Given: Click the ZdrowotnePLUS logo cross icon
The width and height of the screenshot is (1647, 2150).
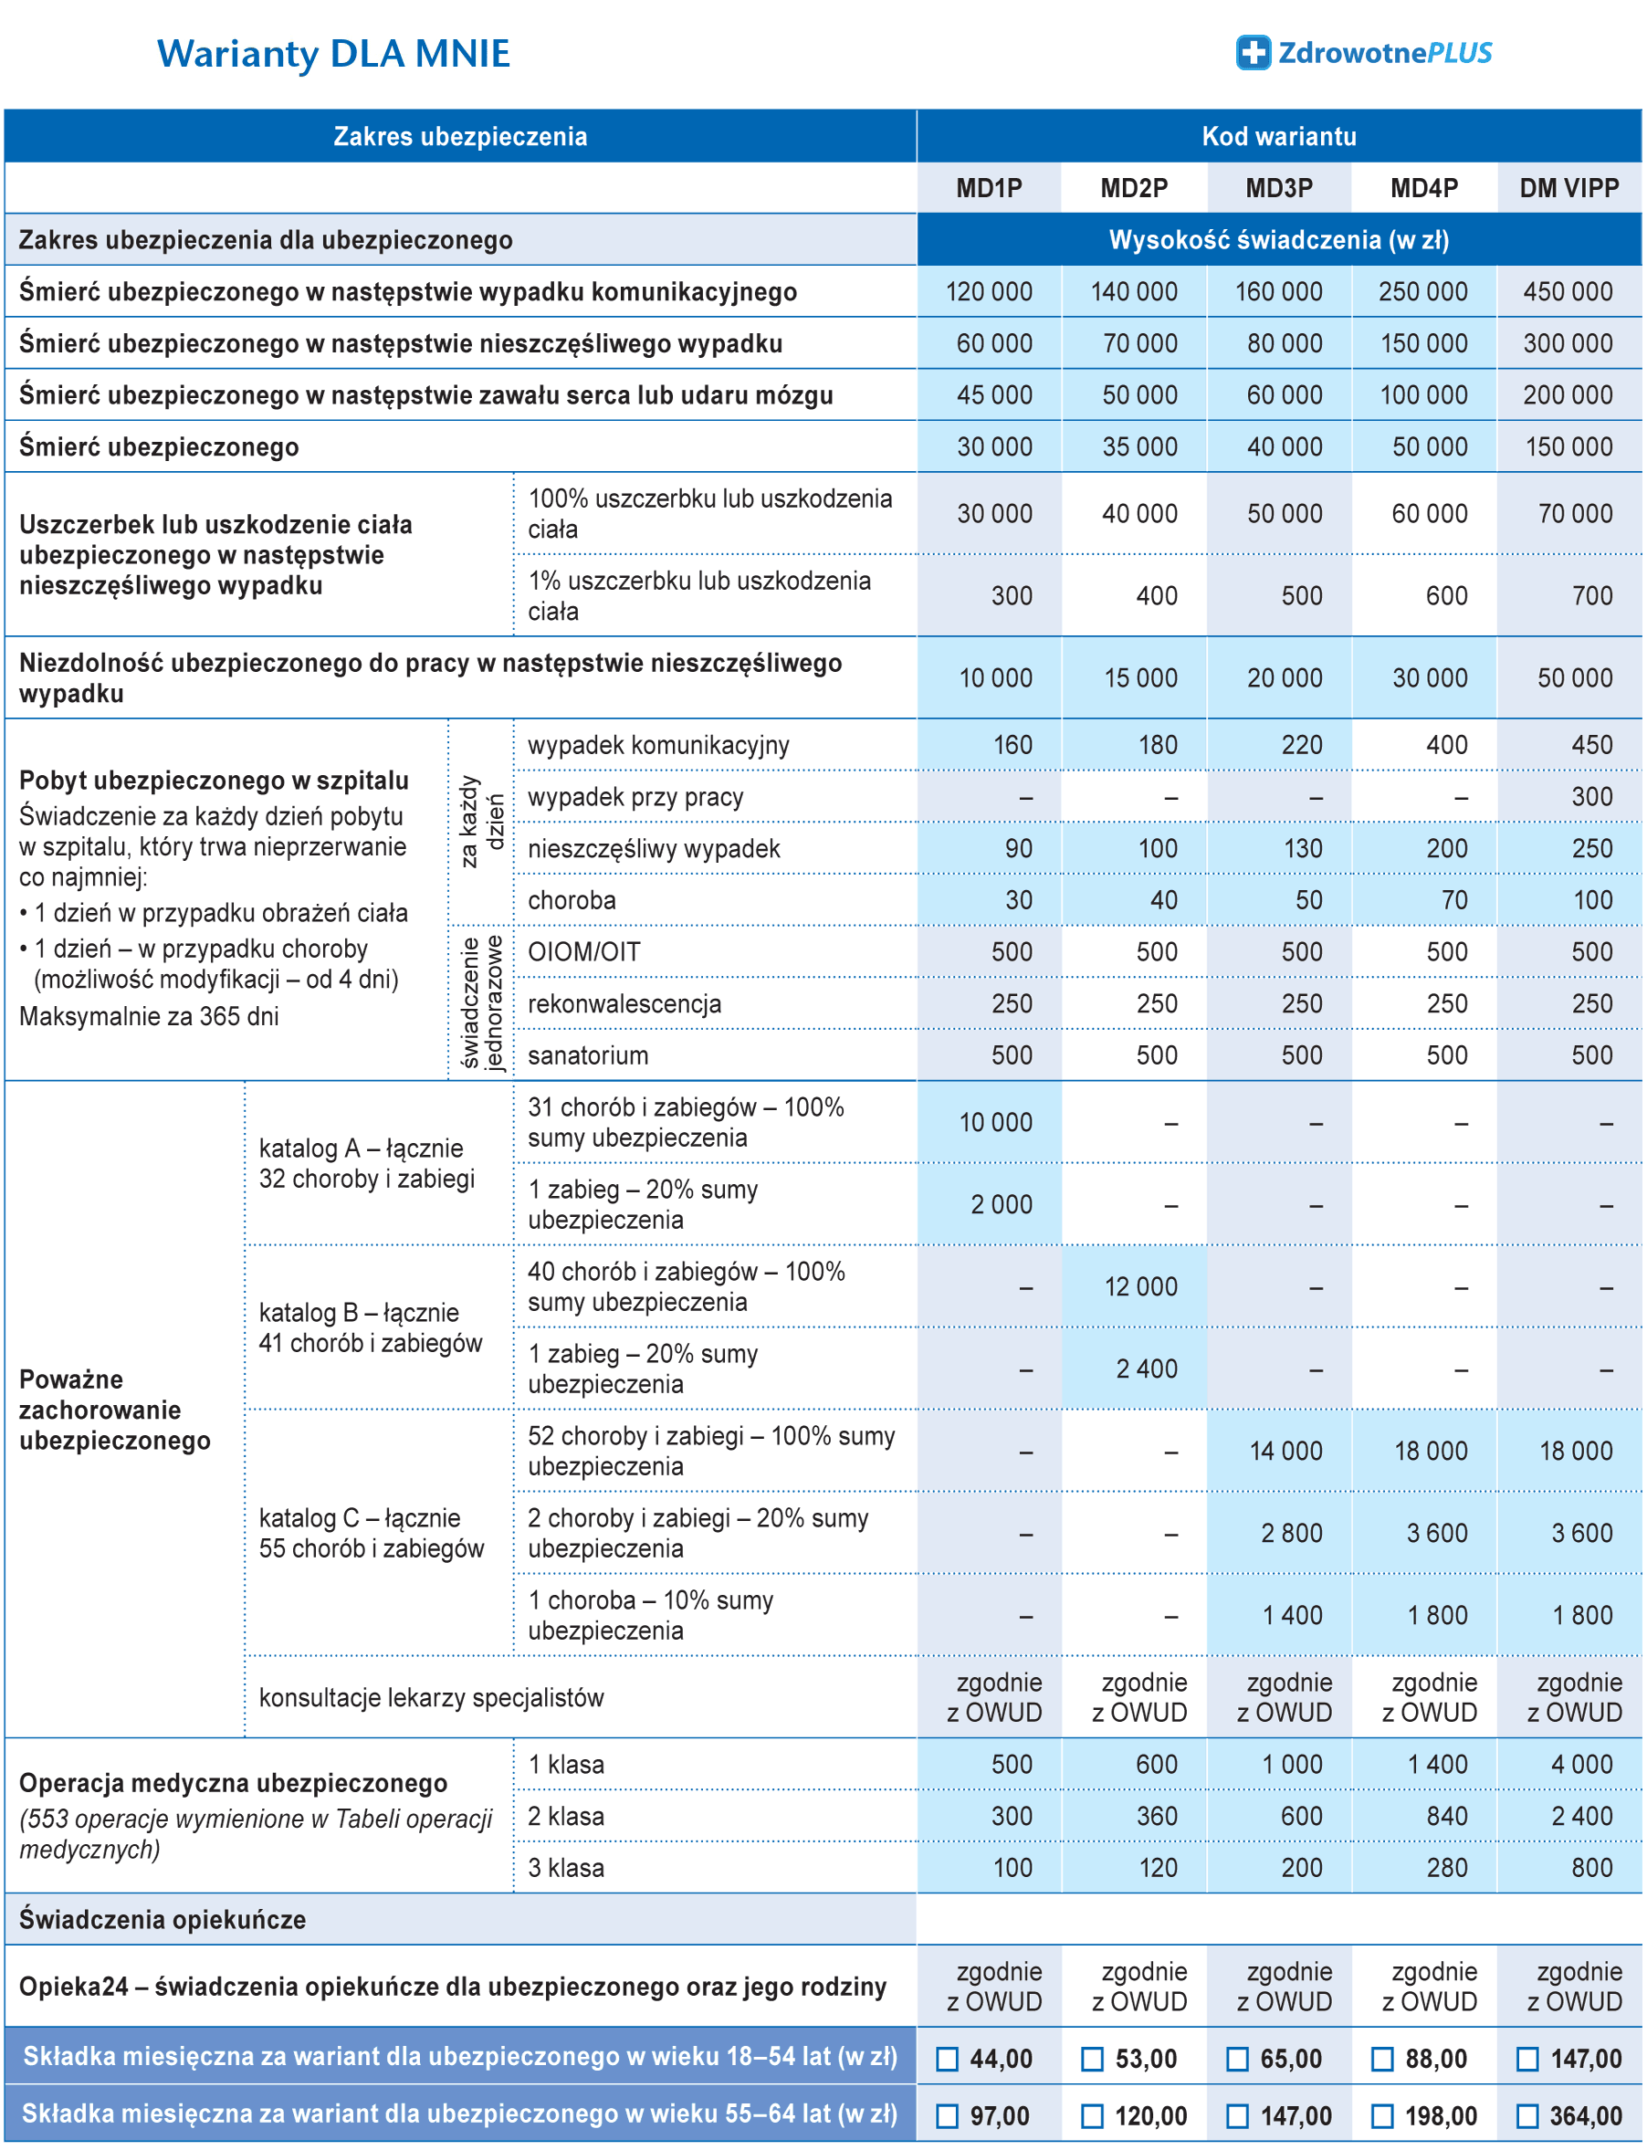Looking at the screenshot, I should click(1253, 53).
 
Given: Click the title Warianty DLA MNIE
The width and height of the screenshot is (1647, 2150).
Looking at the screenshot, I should click(333, 54).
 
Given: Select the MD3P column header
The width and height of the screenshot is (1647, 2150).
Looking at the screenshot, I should click(1278, 188).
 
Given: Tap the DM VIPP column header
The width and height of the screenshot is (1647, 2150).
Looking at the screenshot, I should click(1568, 188).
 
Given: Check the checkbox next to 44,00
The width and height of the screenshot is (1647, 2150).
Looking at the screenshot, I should click(947, 2059).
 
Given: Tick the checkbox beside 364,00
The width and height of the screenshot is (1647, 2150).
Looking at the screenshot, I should click(1527, 2115).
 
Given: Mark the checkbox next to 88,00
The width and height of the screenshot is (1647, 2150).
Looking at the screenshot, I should click(1382, 2059).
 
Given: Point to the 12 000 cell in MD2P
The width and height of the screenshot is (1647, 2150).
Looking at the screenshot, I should click(1140, 1286).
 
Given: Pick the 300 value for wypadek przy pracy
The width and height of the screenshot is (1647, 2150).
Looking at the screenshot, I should click(1591, 797).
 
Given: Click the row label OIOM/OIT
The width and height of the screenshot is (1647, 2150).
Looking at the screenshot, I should click(583, 952).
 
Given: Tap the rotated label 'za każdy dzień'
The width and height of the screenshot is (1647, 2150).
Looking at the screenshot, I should click(481, 822).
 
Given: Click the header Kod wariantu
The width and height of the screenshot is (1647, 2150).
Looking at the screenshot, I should click(1278, 136).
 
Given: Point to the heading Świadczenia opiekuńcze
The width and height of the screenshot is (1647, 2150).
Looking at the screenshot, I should click(163, 1920).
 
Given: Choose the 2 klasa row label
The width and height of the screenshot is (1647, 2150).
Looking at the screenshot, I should click(566, 1817).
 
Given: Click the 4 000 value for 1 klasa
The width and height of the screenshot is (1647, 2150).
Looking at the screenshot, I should click(1580, 1765).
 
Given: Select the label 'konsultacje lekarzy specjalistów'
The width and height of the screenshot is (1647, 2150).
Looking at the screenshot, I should click(431, 1698).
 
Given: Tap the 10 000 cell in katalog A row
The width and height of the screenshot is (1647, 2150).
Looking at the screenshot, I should click(995, 1123).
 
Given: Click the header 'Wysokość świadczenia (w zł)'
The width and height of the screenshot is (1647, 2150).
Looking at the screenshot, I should click(1278, 240).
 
